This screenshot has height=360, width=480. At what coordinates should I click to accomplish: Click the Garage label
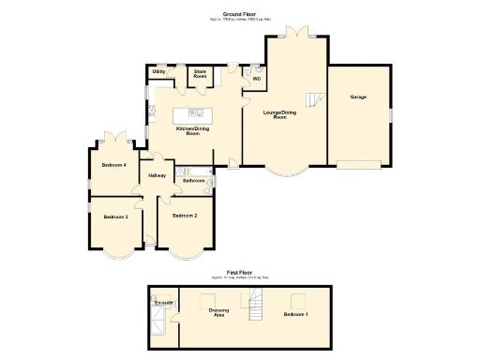357,97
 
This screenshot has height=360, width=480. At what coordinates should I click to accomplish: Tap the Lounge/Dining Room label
281,114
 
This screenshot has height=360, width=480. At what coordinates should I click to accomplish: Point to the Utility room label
158,71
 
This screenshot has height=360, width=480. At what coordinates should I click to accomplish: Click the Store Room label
200,73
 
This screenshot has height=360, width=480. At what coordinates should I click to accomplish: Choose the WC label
256,79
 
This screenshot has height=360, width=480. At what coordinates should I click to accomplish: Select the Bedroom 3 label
114,217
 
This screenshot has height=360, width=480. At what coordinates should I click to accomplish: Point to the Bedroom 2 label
184,216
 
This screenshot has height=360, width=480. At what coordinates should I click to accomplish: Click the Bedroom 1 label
296,314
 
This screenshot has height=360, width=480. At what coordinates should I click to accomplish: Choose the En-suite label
162,304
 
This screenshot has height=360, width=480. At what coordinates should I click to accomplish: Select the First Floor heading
240,273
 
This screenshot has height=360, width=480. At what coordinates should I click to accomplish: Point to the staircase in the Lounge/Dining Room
317,97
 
